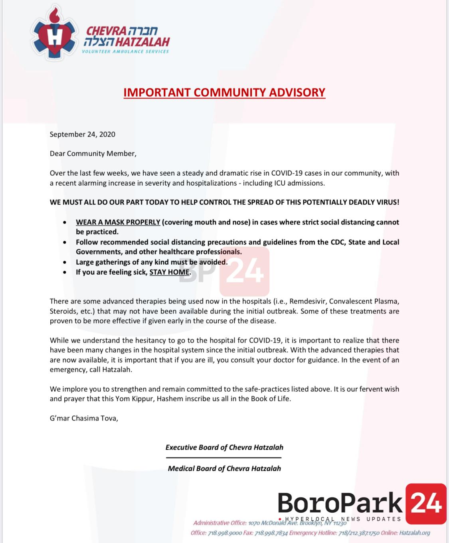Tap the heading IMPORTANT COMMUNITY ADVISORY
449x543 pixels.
224,92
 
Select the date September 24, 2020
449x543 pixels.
82,134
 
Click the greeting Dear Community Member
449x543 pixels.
93,153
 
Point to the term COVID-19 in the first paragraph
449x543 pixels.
287,173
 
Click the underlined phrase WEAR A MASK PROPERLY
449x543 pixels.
118,222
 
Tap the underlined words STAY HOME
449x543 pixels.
169,272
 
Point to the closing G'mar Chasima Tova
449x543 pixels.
84,418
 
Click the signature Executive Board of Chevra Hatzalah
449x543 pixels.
224,447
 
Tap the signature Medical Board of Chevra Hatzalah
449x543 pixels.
224,468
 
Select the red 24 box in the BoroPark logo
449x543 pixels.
426,503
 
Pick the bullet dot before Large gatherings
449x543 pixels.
65,262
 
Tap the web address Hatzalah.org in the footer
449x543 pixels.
414,533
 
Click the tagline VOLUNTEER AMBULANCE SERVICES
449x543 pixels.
125,52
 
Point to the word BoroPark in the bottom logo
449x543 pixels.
340,503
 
